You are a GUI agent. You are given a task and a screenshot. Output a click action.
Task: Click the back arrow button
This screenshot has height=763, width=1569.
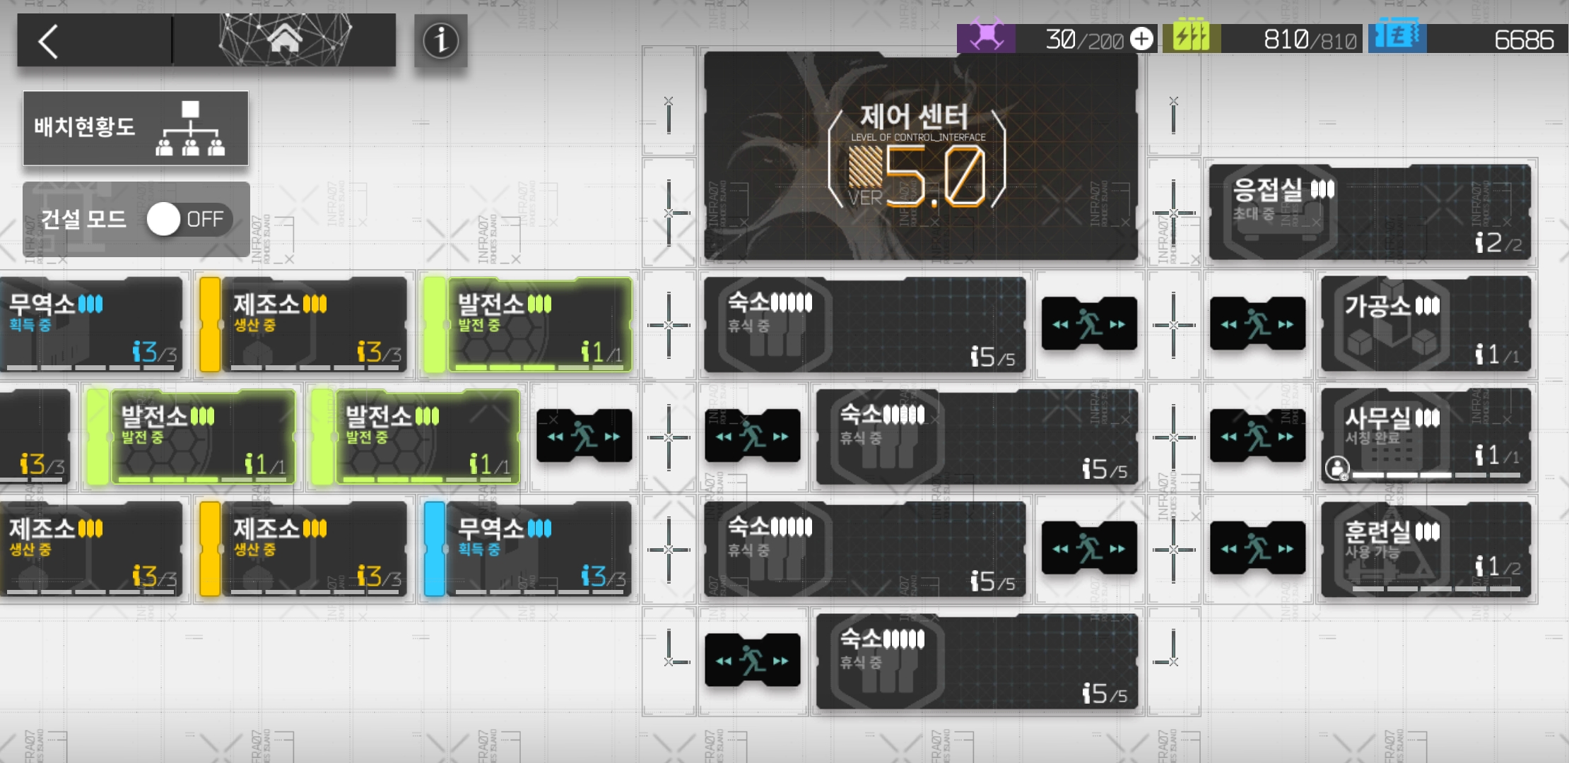pos(48,42)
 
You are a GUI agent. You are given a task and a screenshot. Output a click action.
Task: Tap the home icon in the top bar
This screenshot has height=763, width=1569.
pos(285,40)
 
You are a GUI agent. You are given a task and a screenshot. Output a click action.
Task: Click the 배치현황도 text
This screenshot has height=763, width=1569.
pos(85,127)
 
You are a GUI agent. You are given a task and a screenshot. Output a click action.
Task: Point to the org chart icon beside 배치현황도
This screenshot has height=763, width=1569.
pos(190,129)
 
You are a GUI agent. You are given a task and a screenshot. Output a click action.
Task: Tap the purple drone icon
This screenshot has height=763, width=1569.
pos(986,37)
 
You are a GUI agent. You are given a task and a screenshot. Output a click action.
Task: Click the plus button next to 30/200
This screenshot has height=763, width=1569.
pos(1141,39)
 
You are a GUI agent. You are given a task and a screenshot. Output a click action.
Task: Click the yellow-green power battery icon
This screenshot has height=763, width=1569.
pos(1191,36)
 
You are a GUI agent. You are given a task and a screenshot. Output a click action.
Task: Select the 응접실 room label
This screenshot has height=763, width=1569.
pos(1267,189)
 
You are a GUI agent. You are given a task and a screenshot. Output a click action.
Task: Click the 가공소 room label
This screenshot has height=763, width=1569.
pos(1377,306)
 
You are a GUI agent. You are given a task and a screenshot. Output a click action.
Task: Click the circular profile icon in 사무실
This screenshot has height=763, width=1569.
pos(1336,468)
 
